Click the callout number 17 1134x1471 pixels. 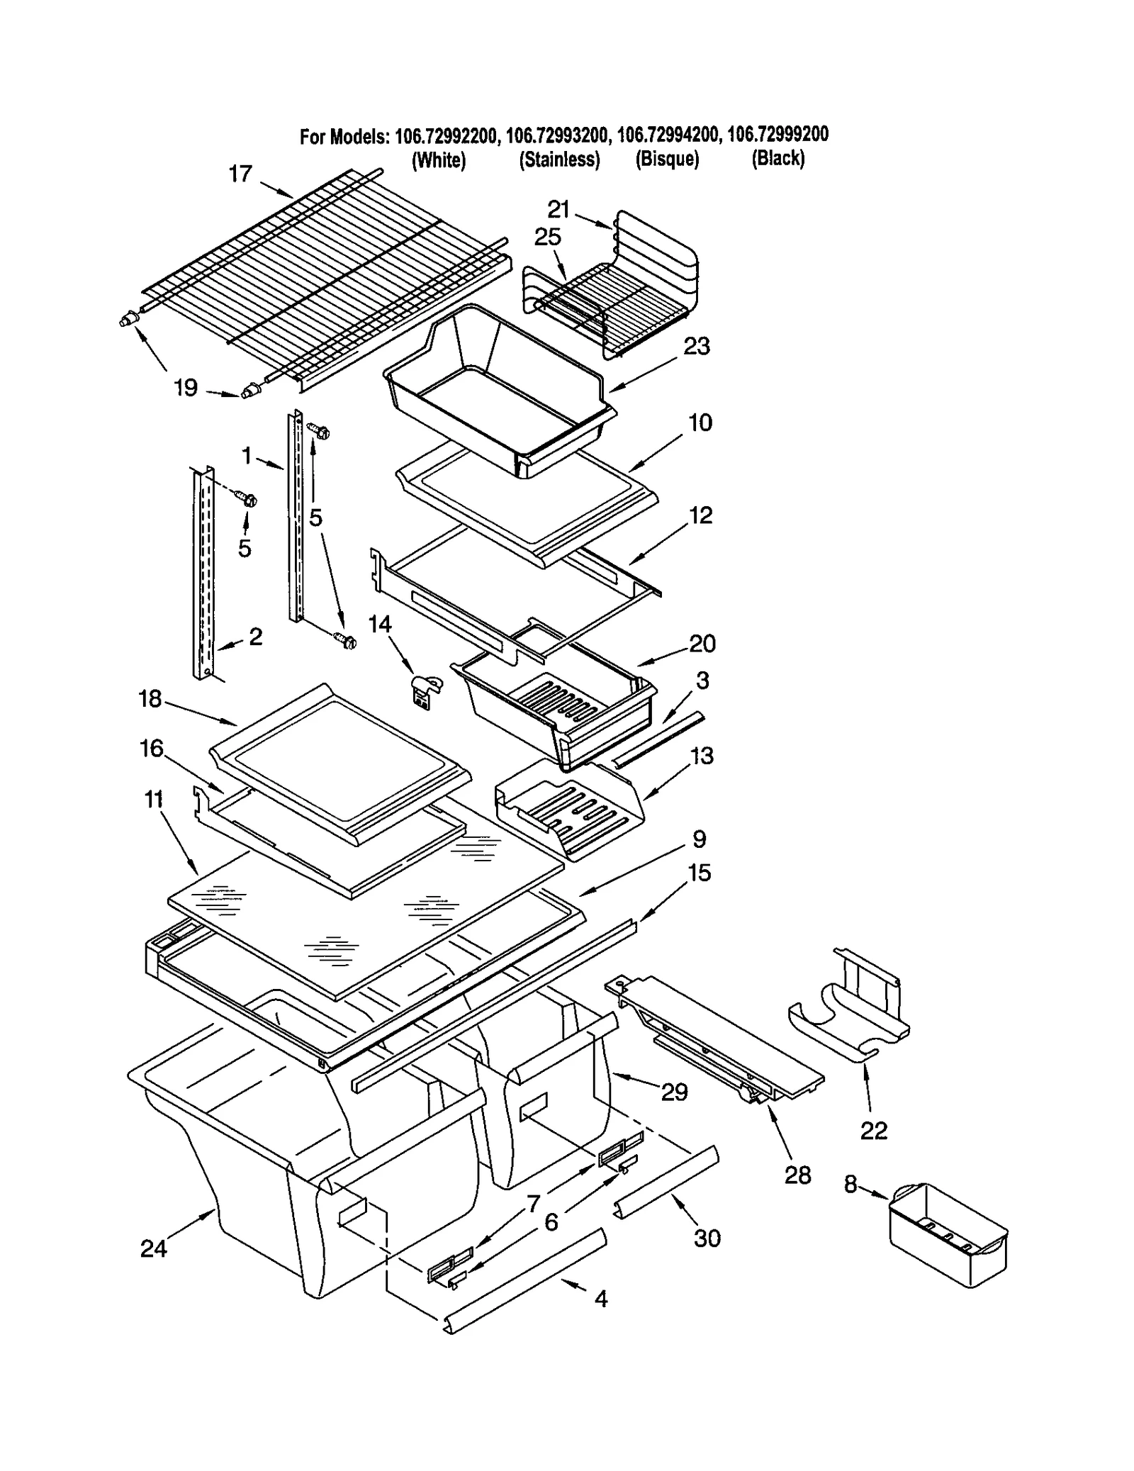240,174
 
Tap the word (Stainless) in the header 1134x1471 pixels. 559,160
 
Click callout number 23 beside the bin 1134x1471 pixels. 696,346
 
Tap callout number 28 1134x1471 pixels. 797,1175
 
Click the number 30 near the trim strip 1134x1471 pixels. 707,1238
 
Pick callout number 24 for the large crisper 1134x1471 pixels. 153,1248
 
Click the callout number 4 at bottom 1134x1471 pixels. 600,1298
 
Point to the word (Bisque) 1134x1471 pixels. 667,160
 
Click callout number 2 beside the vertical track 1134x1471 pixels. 255,636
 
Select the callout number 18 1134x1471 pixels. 150,698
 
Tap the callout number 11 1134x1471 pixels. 154,799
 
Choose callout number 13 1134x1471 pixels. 702,756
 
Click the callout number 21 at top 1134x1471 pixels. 558,209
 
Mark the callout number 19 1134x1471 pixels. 185,388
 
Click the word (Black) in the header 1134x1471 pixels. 777,158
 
